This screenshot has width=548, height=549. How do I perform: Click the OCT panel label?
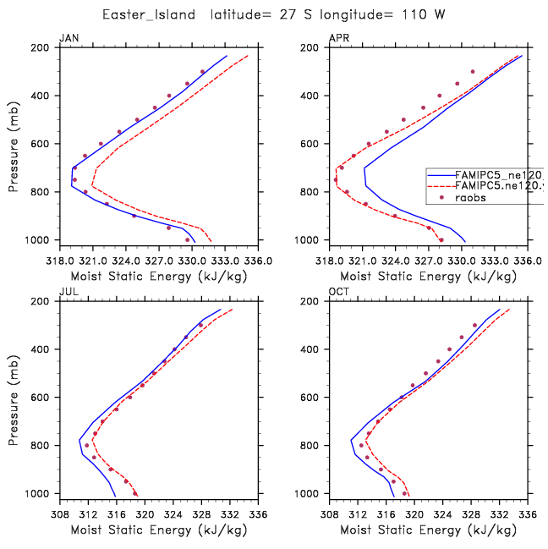tap(337, 292)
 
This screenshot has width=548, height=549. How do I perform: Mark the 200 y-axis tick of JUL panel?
tap(44, 301)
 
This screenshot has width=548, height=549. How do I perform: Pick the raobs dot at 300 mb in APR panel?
tap(473, 72)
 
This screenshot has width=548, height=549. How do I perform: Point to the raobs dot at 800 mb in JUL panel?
tap(86, 445)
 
